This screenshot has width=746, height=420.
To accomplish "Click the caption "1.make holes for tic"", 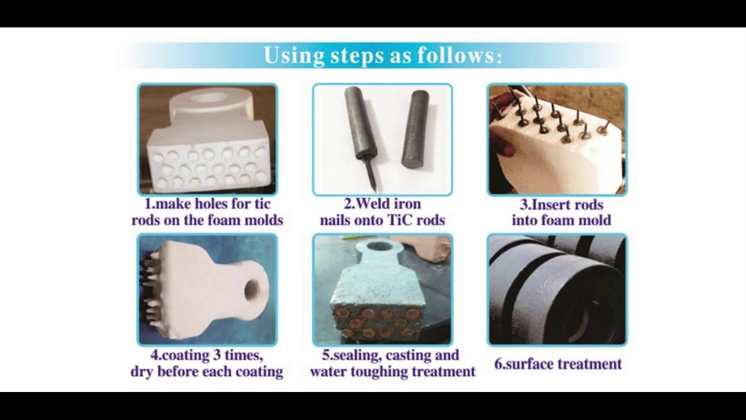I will pyautogui.click(x=207, y=205).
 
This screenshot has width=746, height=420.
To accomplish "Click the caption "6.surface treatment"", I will pyautogui.click(x=558, y=364).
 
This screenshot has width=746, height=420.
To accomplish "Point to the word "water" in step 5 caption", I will pyautogui.click(x=329, y=371).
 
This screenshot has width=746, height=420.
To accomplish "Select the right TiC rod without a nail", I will pyautogui.click(x=415, y=128).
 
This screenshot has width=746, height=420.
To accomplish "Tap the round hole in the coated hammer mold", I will pyautogui.click(x=252, y=289).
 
